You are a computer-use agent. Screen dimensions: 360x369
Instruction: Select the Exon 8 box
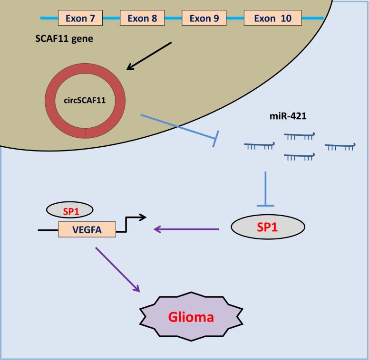tap(142, 18)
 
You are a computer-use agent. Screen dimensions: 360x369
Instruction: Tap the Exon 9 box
tap(204, 18)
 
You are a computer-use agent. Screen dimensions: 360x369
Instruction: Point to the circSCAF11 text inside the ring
tap(85, 101)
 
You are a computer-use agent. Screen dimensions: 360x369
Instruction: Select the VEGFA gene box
tap(87, 229)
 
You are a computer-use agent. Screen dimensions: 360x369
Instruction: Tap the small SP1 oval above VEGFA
tap(69, 208)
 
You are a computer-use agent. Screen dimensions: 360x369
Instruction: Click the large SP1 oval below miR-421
tap(267, 227)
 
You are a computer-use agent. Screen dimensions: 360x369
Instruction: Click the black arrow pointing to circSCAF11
tap(149, 56)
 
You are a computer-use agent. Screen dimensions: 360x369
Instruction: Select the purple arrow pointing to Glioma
tap(118, 269)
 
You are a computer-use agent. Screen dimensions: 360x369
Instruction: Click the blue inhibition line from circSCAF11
tap(179, 127)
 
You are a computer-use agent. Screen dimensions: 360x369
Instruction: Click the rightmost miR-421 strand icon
tap(340, 146)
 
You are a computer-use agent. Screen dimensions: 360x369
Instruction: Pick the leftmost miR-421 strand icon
tap(259, 146)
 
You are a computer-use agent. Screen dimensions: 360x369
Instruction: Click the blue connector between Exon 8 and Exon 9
tap(173, 18)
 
